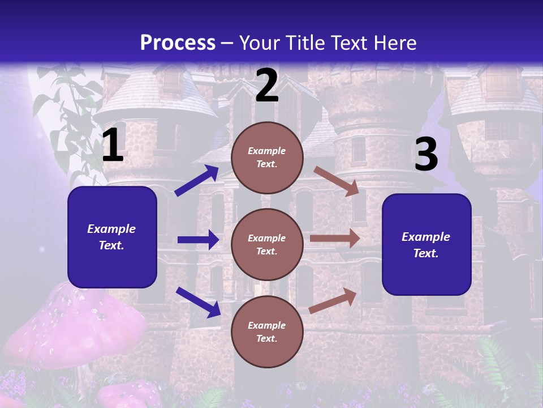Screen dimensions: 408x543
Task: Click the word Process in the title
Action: pos(178,43)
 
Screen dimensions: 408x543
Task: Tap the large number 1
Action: pos(113,146)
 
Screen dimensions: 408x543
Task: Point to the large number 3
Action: pos(426,155)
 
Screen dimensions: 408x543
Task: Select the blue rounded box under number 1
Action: pos(112,237)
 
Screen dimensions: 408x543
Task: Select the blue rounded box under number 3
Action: pos(426,244)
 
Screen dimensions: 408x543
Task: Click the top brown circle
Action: pos(267,158)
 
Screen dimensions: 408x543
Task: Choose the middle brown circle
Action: pos(267,244)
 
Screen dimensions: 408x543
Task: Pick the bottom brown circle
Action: pos(267,331)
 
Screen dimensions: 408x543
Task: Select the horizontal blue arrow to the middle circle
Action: pos(198,240)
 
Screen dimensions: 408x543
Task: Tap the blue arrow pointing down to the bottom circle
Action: pos(198,302)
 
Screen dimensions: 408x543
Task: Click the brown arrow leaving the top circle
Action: pos(336,181)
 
